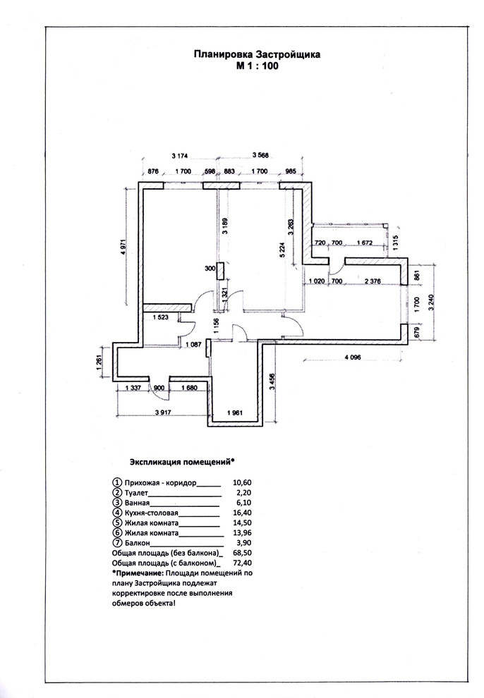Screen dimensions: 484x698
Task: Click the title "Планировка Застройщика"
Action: pos(257,54)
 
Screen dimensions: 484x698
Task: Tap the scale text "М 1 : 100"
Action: pos(258,66)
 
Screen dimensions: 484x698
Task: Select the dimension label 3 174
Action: pos(181,156)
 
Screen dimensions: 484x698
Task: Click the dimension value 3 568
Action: pos(260,155)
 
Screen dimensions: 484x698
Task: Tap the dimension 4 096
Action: pos(352,357)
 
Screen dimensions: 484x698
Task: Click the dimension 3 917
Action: pos(163,412)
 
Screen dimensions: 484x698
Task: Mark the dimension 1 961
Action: pos(235,412)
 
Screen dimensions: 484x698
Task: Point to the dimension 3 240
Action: pos(430,302)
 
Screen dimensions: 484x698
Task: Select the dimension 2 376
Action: pos(373,281)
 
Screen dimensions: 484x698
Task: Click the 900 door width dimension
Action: pos(159,388)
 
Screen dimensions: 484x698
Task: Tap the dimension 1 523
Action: pos(161,317)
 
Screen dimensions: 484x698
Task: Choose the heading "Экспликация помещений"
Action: pos(180,462)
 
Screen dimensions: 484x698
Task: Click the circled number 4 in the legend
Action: pos(117,513)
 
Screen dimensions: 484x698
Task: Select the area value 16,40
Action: pos(242,513)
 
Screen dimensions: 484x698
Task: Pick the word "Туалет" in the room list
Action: pos(135,493)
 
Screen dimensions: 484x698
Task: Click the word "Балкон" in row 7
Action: pos(138,543)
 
